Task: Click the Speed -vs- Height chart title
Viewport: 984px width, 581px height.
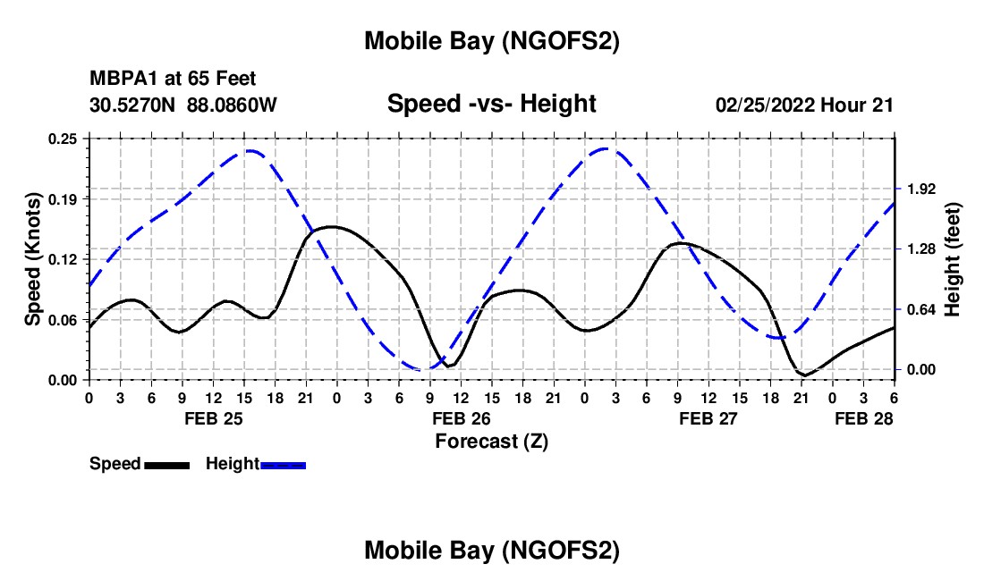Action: click(491, 104)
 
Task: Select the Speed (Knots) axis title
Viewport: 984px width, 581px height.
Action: click(33, 259)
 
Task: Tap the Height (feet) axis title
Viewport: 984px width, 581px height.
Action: click(952, 259)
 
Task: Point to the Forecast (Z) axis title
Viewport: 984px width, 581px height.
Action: click(491, 441)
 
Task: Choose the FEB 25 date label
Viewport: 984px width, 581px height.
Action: click(212, 417)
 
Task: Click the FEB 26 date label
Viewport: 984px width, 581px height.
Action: click(460, 417)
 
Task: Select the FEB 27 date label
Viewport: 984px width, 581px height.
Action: click(708, 417)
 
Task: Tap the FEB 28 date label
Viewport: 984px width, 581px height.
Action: click(863, 417)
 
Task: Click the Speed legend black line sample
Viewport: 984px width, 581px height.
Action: click(166, 465)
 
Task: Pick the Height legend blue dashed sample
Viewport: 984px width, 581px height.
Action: click(283, 465)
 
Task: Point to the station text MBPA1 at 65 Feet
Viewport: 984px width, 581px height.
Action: click(173, 79)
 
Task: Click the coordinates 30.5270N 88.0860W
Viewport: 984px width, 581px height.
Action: click(183, 105)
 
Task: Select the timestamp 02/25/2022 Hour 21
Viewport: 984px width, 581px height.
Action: click(804, 105)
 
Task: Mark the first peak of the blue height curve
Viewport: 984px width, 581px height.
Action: click(248, 151)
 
